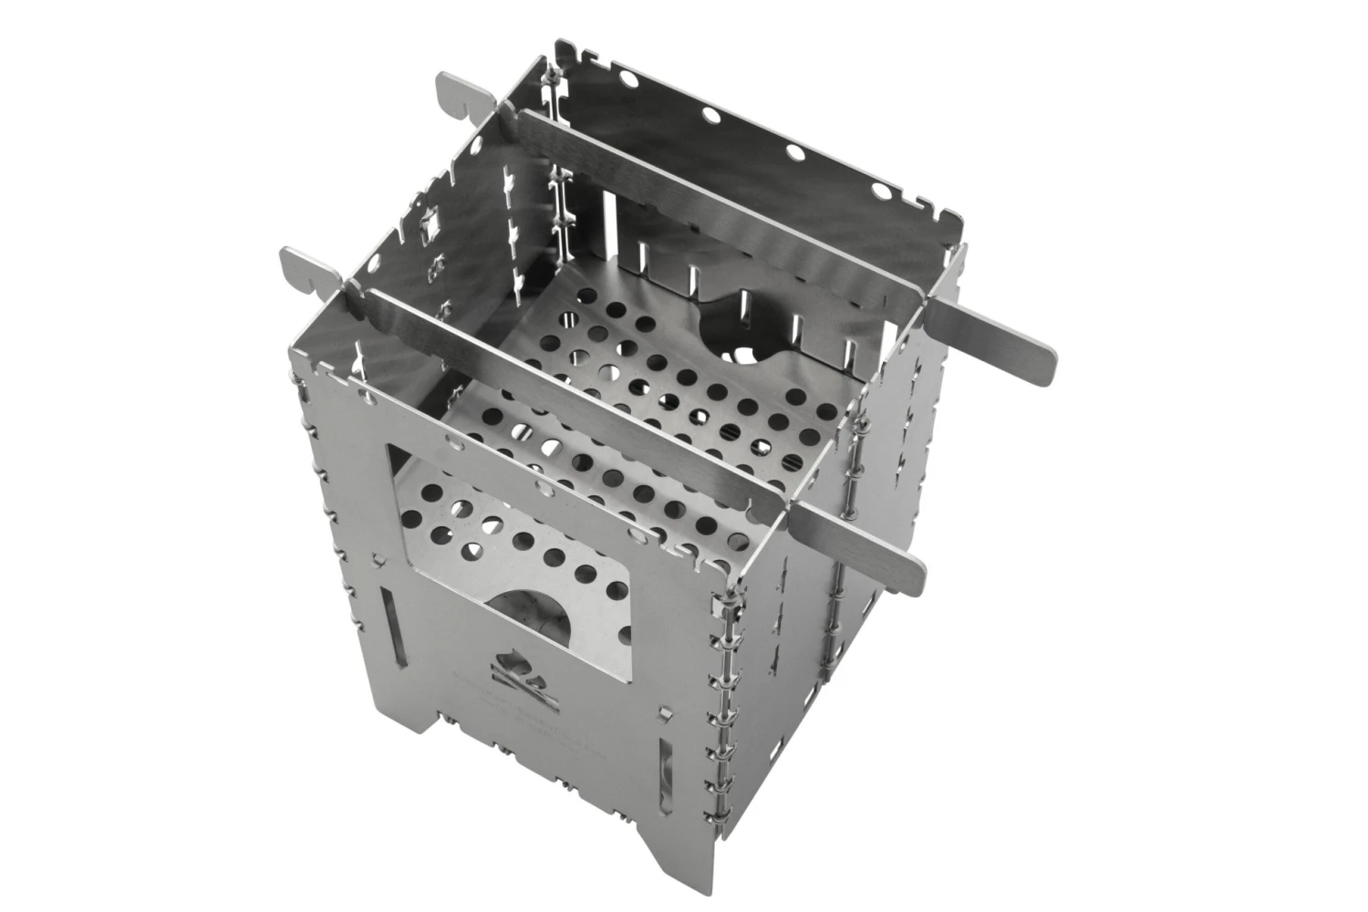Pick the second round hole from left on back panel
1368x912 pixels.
click(709, 114)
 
